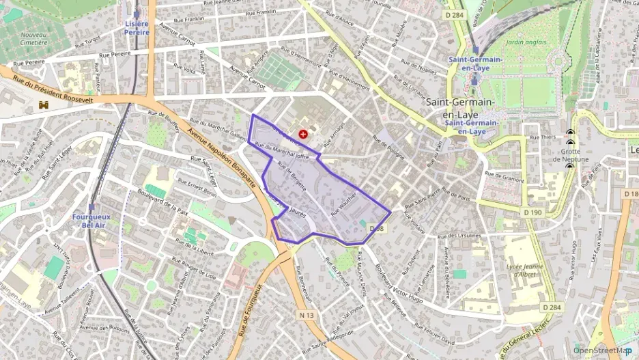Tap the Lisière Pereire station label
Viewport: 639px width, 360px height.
click(137, 28)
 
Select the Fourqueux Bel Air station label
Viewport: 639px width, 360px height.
click(91, 221)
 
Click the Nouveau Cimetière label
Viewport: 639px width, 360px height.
click(33, 38)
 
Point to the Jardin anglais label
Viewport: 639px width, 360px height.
click(526, 42)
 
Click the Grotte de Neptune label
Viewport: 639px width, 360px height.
click(571, 155)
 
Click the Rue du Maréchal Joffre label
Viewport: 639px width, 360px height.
click(281, 151)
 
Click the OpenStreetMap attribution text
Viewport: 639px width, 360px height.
click(601, 350)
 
